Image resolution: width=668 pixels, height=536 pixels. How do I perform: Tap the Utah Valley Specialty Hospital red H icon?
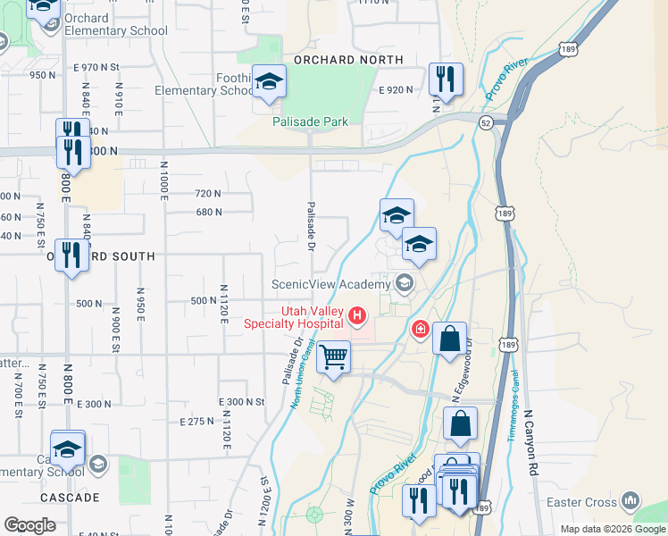click(358, 314)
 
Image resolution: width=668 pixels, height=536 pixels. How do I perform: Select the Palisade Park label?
click(310, 121)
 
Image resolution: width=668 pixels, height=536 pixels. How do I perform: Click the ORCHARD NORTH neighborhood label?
click(348, 60)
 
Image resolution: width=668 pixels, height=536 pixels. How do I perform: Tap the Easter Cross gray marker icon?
click(630, 500)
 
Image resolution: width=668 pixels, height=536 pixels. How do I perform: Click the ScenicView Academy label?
click(331, 284)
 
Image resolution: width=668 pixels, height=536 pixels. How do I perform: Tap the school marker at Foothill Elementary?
click(267, 84)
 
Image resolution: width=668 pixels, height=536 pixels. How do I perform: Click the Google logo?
click(29, 525)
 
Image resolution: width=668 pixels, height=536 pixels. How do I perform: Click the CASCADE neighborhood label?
click(71, 497)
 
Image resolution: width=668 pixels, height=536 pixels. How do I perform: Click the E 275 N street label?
click(210, 421)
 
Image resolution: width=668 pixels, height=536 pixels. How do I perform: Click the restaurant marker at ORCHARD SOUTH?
click(71, 256)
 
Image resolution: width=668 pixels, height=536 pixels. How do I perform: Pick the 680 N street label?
click(208, 212)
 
